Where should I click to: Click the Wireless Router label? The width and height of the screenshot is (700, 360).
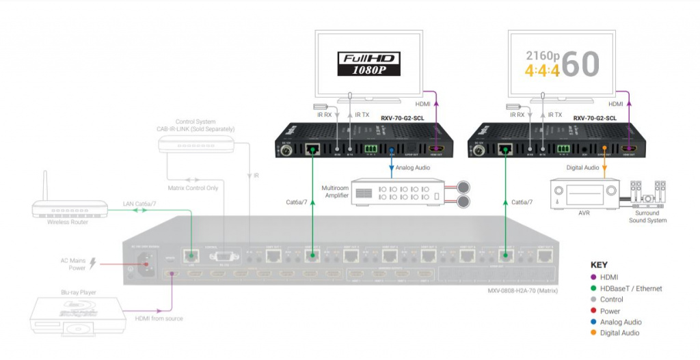point(68,221)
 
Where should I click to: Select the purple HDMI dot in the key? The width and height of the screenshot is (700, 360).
point(595,277)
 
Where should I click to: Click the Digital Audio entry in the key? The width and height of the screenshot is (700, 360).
point(619,333)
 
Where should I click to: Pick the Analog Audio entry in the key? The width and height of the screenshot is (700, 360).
point(620,322)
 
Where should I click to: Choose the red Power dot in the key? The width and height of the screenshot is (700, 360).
point(595,311)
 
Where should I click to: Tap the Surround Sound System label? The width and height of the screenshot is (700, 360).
point(646,217)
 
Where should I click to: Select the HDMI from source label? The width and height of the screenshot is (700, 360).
point(158,318)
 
